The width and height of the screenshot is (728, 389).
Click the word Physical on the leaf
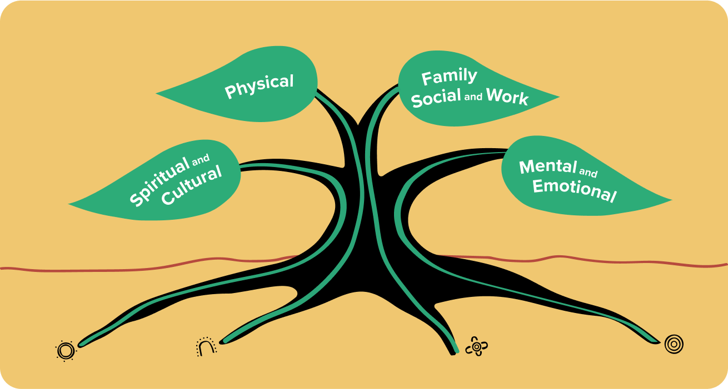[259, 87]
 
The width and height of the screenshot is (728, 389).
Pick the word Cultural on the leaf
[191, 185]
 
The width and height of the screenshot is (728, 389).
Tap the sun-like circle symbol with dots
[65, 351]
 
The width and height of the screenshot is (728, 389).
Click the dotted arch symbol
[206, 347]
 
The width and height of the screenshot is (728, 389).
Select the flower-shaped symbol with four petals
[476, 346]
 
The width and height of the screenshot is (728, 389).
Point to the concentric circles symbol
[674, 344]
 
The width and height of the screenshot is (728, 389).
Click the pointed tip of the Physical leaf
[157, 93]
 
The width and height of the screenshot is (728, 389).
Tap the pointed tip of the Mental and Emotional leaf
[671, 200]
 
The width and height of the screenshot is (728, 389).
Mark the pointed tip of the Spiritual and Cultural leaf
[70, 204]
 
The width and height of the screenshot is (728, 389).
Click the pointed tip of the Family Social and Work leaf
[558, 100]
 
